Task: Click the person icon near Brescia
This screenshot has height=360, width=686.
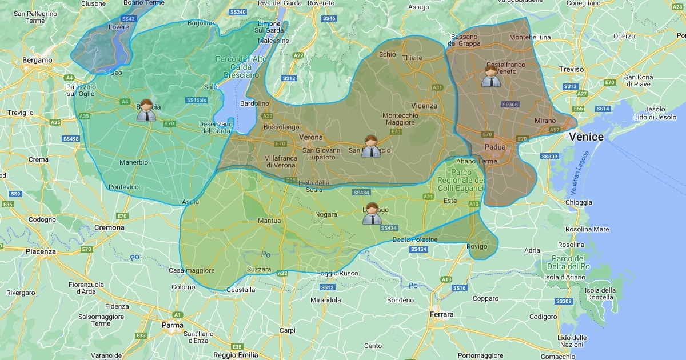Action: click(146, 110)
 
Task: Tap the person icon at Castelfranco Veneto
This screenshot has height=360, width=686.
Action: click(490, 76)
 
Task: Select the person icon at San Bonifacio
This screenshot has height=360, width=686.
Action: click(371, 146)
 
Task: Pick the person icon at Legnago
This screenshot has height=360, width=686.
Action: click(372, 214)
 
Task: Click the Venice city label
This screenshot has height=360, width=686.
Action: click(586, 137)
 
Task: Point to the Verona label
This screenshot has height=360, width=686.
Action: click(311, 137)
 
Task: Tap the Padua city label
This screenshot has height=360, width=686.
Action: click(495, 147)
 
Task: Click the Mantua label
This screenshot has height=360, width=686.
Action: click(269, 221)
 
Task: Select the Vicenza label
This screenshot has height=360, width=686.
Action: click(424, 106)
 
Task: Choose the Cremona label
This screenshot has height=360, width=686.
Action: click(109, 227)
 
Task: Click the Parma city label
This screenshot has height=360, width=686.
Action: click(173, 325)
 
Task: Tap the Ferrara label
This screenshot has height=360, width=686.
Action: click(441, 314)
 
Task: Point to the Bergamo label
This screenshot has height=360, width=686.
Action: click(37, 60)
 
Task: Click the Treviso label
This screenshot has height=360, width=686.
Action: click(572, 69)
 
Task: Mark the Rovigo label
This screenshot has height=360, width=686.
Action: click(477, 246)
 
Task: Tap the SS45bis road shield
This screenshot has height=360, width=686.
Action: click(196, 100)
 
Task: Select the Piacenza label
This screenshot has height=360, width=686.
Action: click(41, 251)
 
